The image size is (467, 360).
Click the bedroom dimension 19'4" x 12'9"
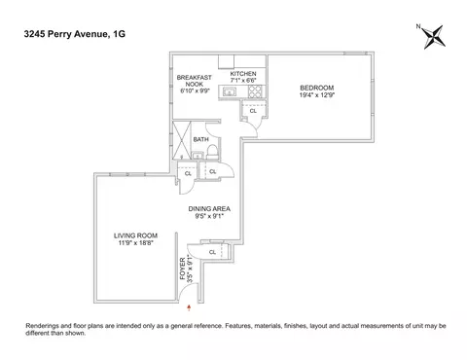(317, 96)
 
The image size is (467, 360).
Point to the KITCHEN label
(242, 74)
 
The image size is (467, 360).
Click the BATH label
(200, 140)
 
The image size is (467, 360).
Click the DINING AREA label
(208, 208)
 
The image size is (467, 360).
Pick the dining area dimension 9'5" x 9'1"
(208, 217)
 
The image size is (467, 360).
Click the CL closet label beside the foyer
(213, 253)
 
